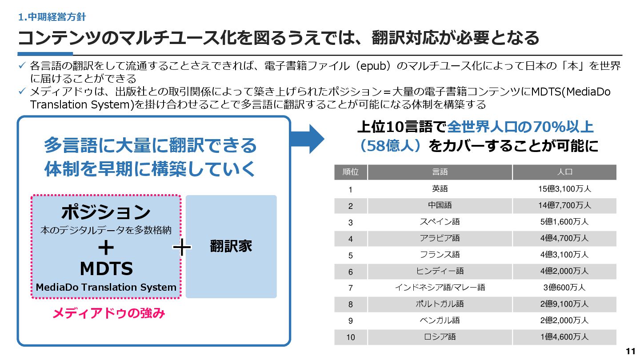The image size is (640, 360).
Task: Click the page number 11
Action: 630,352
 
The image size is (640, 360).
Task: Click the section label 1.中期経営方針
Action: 52,17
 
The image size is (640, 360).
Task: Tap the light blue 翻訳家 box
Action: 231,247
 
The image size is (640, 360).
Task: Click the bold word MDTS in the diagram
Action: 106,268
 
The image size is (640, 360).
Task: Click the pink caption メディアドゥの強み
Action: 109,313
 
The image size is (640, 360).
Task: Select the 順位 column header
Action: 351,172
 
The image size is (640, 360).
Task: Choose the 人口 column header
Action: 564,172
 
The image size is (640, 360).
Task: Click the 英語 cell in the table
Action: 440,189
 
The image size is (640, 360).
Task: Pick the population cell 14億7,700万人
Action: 564,205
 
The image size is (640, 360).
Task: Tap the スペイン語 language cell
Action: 440,222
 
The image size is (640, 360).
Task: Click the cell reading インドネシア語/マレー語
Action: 440,288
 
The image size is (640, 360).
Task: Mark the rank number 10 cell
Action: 351,337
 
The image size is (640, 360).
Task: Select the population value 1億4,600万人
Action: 564,337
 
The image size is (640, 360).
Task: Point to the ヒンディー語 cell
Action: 440,271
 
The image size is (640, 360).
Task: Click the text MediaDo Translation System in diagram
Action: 106,287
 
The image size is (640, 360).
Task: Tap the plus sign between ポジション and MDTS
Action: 106,247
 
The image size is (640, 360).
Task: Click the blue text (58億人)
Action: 390,146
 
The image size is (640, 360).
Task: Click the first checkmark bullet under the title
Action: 23,66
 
